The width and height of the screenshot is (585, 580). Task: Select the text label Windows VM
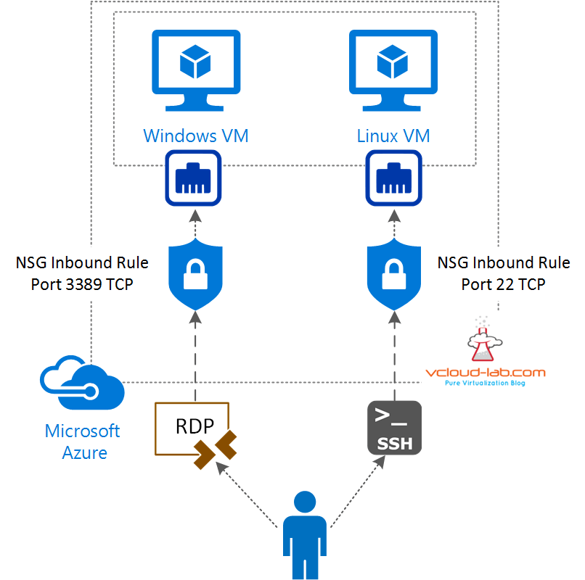(x=195, y=136)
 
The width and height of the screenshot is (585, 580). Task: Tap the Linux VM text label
(x=393, y=136)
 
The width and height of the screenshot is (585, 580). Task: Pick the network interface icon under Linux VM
(x=393, y=178)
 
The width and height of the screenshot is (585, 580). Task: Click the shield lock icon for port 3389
(x=195, y=270)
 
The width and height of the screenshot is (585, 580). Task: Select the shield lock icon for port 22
(x=393, y=270)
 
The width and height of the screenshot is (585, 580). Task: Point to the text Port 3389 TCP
(x=82, y=284)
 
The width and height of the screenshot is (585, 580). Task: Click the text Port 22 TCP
(x=503, y=284)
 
